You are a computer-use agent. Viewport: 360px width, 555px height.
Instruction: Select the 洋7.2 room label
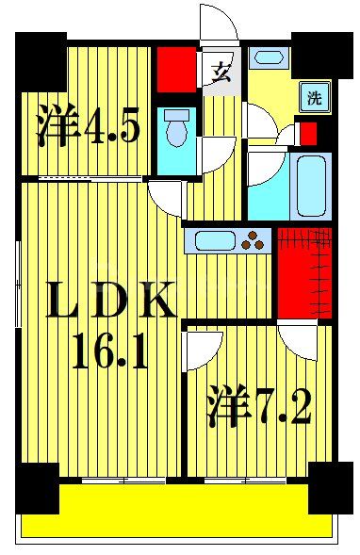255,408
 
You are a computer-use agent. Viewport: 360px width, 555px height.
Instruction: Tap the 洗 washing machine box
310,95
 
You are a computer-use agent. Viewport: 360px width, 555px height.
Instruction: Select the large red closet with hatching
304,271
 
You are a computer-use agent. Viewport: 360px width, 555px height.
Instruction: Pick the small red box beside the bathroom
306,134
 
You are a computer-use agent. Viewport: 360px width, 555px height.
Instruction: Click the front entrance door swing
217,24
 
